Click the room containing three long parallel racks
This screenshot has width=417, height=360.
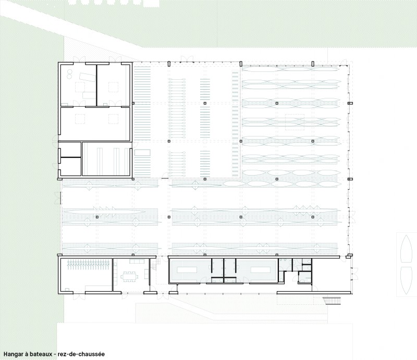coord(106,159)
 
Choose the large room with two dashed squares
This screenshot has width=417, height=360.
coord(95,123)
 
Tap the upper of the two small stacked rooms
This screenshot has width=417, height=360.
coord(70,150)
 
